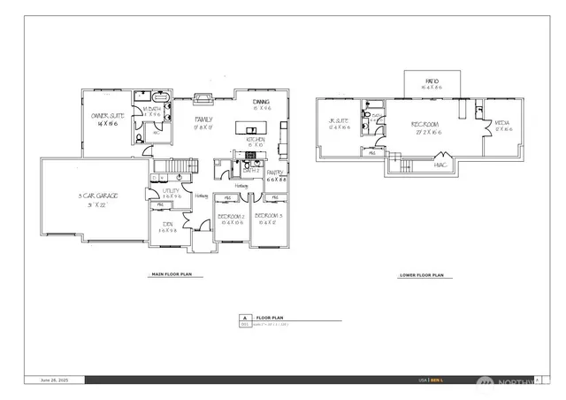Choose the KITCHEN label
click(256, 140)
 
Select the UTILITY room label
click(171, 192)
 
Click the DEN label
click(167, 225)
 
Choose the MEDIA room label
click(502, 124)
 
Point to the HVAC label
click(440, 164)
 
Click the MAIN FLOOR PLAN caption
click(173, 275)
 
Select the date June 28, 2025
click(54, 380)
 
